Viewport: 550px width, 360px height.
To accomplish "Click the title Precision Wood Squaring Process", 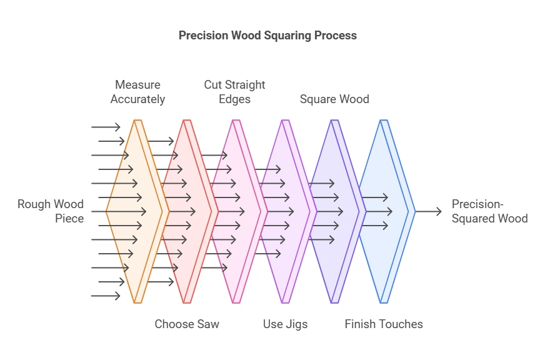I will click(267, 35).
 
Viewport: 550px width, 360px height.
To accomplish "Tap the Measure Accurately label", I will click(137, 92).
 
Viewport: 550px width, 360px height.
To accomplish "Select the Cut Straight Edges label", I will click(234, 92).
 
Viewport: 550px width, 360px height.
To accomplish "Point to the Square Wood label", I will click(334, 99).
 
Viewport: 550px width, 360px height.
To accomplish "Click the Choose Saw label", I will click(187, 324).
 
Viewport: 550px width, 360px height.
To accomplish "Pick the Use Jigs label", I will click(285, 324).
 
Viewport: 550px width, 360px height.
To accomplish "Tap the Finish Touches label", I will click(384, 324).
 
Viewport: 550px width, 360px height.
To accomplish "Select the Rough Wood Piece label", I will click(51, 211).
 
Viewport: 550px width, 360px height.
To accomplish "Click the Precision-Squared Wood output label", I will click(489, 211).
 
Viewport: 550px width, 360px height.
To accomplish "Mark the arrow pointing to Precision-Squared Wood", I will click(428, 212).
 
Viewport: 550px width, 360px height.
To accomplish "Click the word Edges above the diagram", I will click(234, 99).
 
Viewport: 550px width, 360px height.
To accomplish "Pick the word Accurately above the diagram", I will click(137, 99).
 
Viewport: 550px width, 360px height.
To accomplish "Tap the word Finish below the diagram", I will click(360, 324).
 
